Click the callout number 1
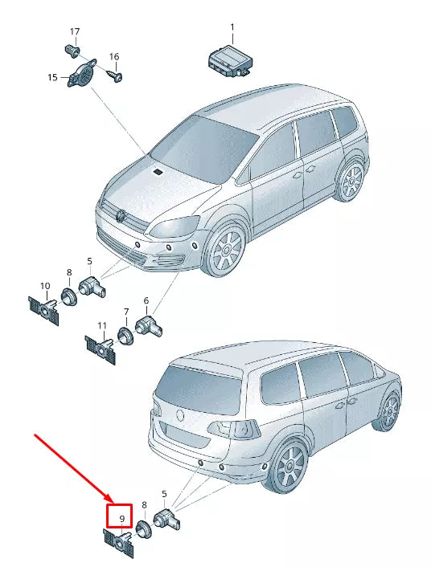tap(232, 27)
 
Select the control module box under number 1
tap(230, 61)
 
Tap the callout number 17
tap(75, 32)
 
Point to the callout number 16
tap(114, 57)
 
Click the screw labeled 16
tap(116, 76)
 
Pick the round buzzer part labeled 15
tap(82, 72)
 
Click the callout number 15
tap(52, 77)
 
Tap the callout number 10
tap(45, 286)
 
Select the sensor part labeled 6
tap(149, 324)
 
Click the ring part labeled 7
tap(125, 336)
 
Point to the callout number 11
tap(102, 326)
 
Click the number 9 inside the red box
tap(121, 519)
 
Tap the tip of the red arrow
tap(113, 504)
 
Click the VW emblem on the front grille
tap(121, 216)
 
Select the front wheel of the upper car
tap(224, 249)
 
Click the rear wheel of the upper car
tap(351, 180)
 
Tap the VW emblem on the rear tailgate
tap(180, 416)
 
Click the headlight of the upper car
tap(175, 226)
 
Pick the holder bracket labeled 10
tap(44, 310)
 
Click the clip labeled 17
tap(73, 51)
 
